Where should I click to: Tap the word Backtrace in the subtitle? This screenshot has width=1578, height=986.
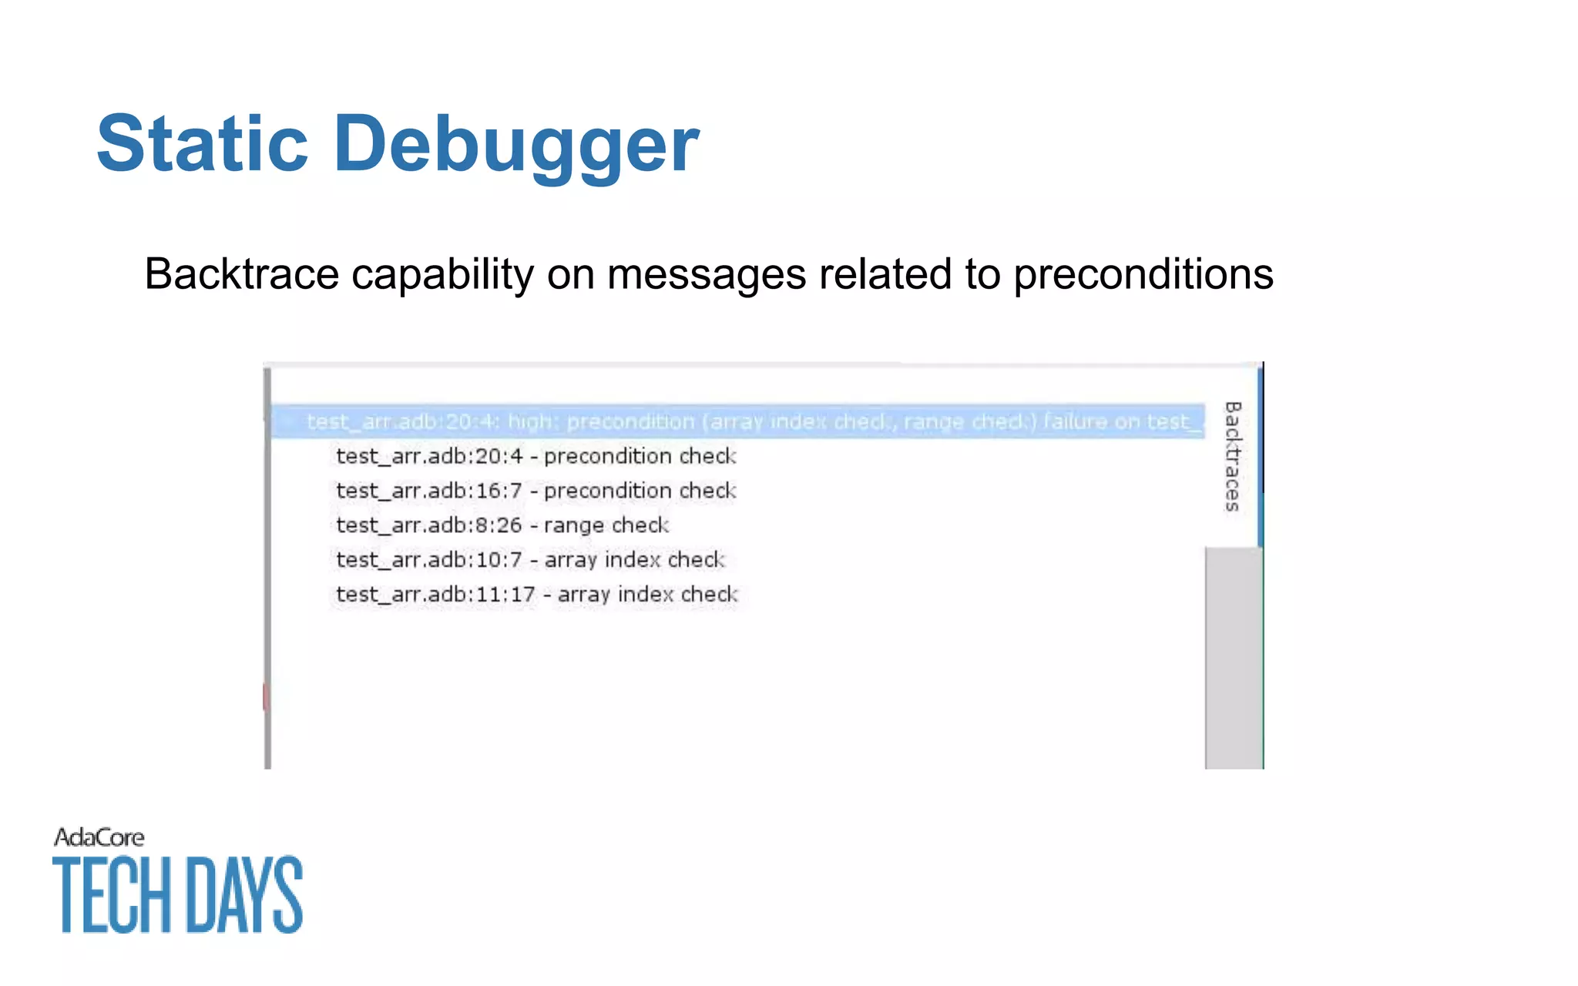[x=242, y=273]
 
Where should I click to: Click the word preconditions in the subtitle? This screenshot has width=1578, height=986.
[x=1143, y=275]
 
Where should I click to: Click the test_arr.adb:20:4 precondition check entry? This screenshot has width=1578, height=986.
[x=536, y=456]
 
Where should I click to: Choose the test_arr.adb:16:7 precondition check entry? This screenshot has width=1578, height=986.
[x=536, y=491]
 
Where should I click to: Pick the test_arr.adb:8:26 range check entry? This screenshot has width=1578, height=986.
[x=502, y=525]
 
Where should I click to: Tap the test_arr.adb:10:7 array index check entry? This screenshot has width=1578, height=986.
[x=530, y=560]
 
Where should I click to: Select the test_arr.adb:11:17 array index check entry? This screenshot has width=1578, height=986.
[x=536, y=595]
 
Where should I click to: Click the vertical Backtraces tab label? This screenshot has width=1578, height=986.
[x=1233, y=456]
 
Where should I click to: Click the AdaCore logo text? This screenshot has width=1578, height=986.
[x=99, y=837]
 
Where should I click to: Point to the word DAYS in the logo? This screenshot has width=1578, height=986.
[x=245, y=895]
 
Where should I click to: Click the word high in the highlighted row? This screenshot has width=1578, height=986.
[x=530, y=421]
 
